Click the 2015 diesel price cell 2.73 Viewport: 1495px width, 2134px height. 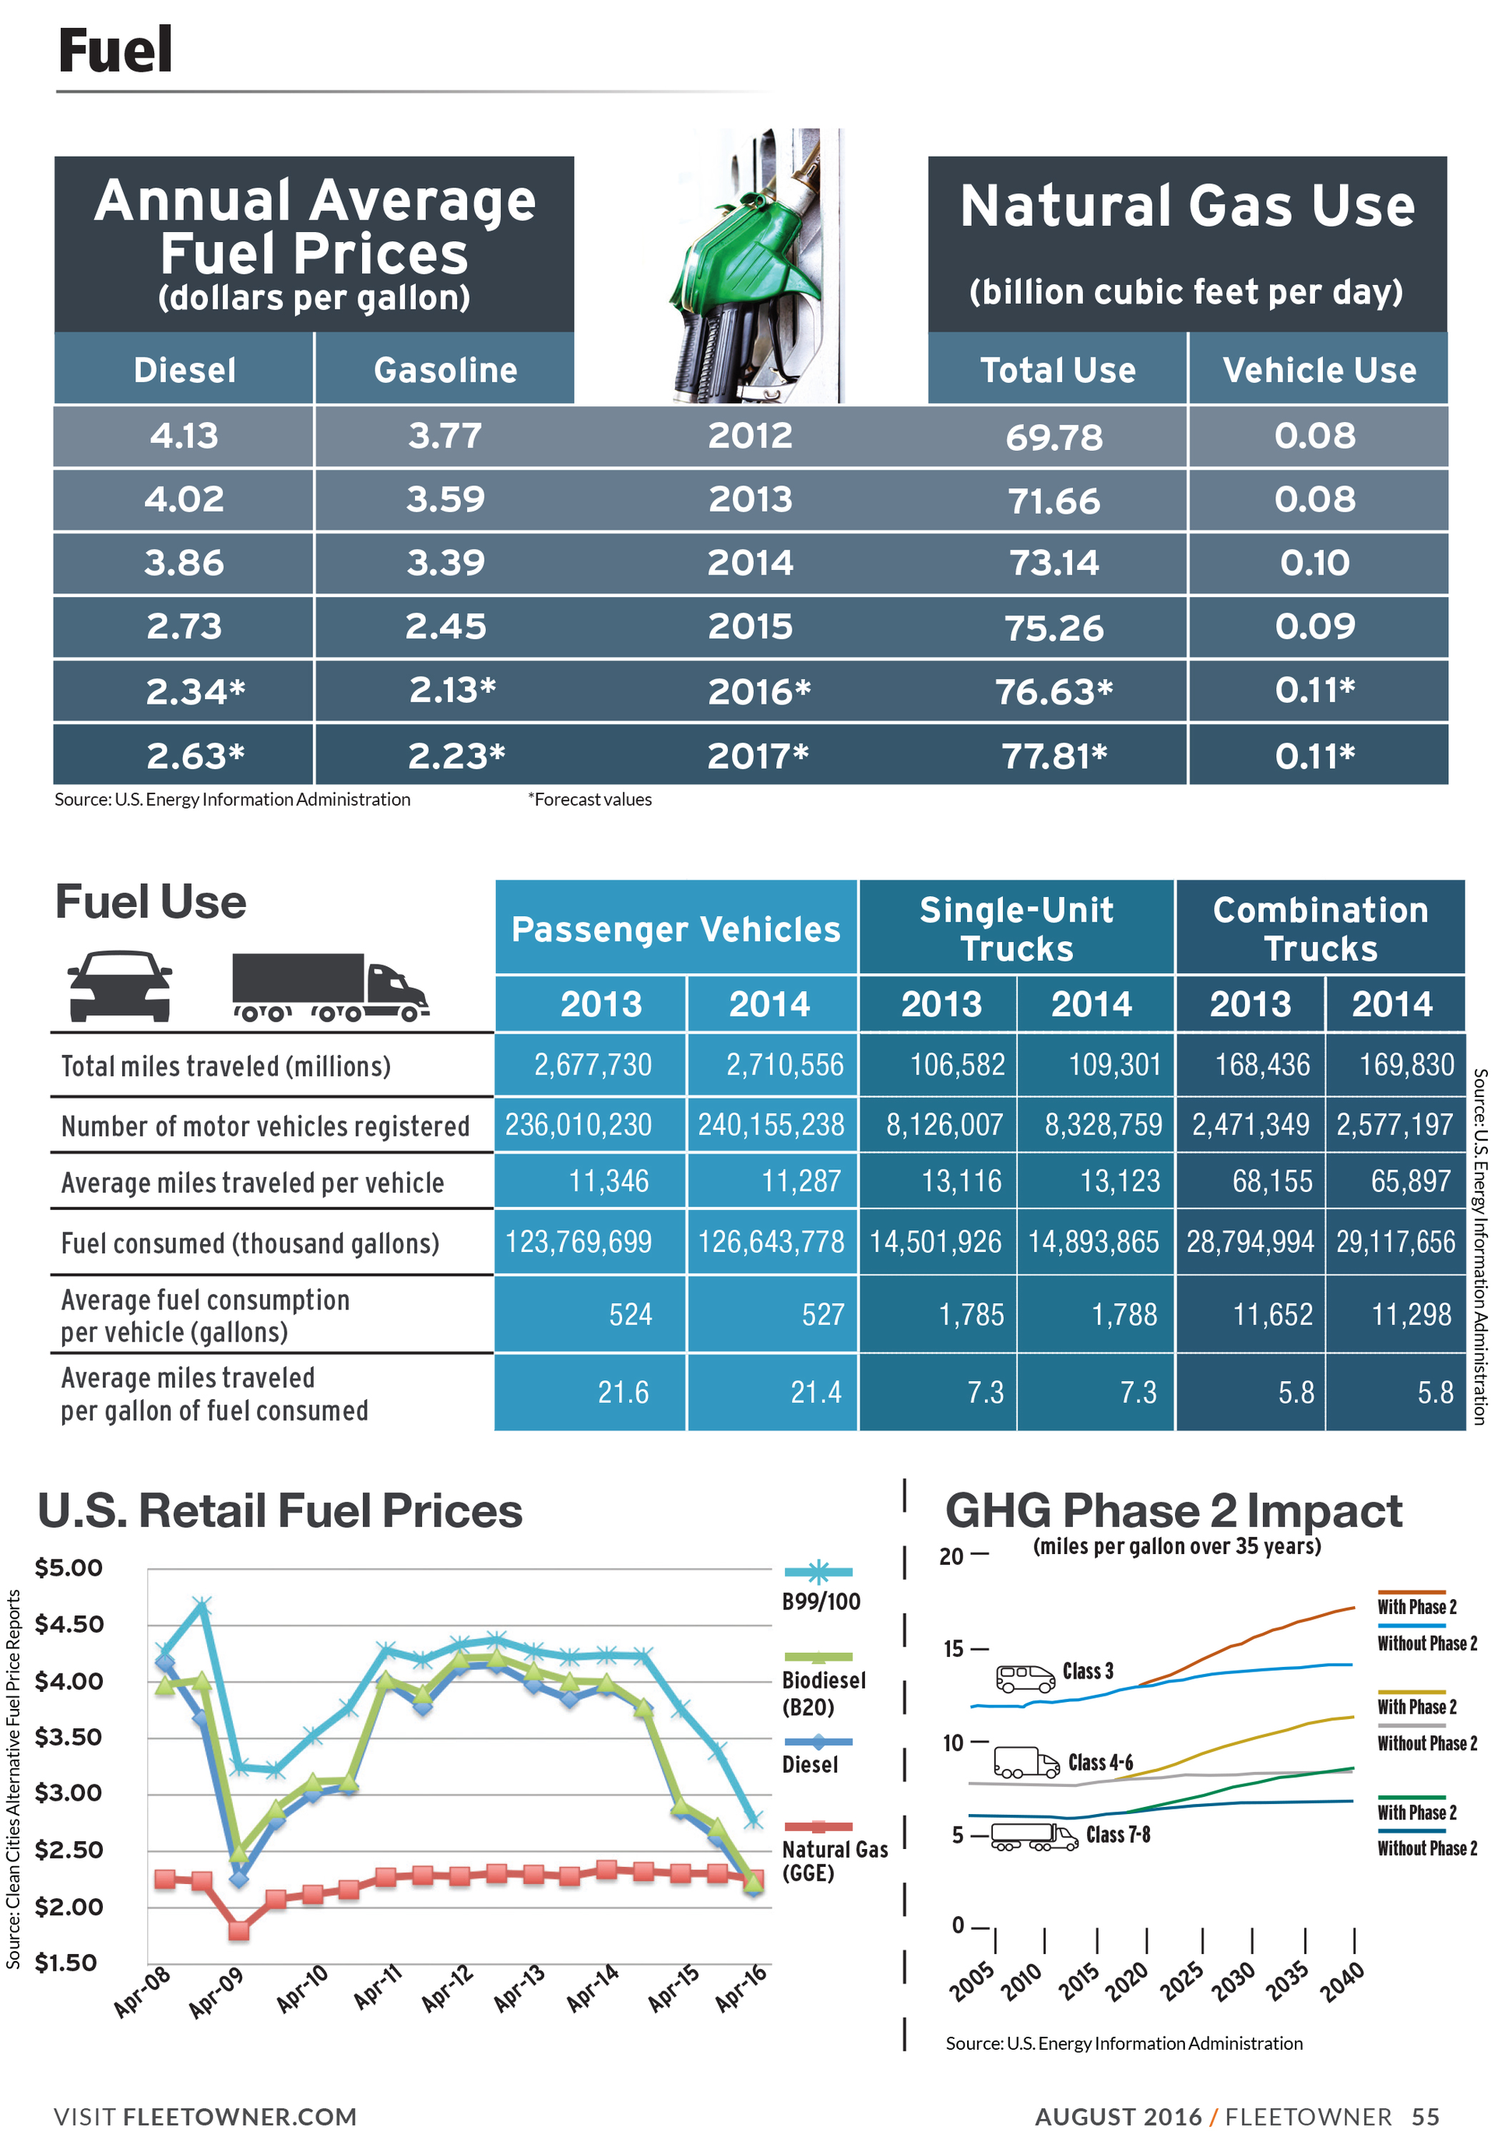[183, 627]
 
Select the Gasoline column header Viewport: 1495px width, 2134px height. [445, 370]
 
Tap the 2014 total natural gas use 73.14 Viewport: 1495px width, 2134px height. [1054, 563]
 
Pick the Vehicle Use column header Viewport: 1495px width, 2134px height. [1318, 370]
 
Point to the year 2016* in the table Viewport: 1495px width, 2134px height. [758, 691]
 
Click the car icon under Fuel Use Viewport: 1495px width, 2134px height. [120, 986]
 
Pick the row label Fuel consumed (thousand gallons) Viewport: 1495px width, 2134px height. [249, 1243]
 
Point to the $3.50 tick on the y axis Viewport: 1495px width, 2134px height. [68, 1737]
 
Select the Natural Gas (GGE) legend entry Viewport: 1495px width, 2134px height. [833, 1861]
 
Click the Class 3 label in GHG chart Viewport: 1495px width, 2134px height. [1087, 1671]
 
